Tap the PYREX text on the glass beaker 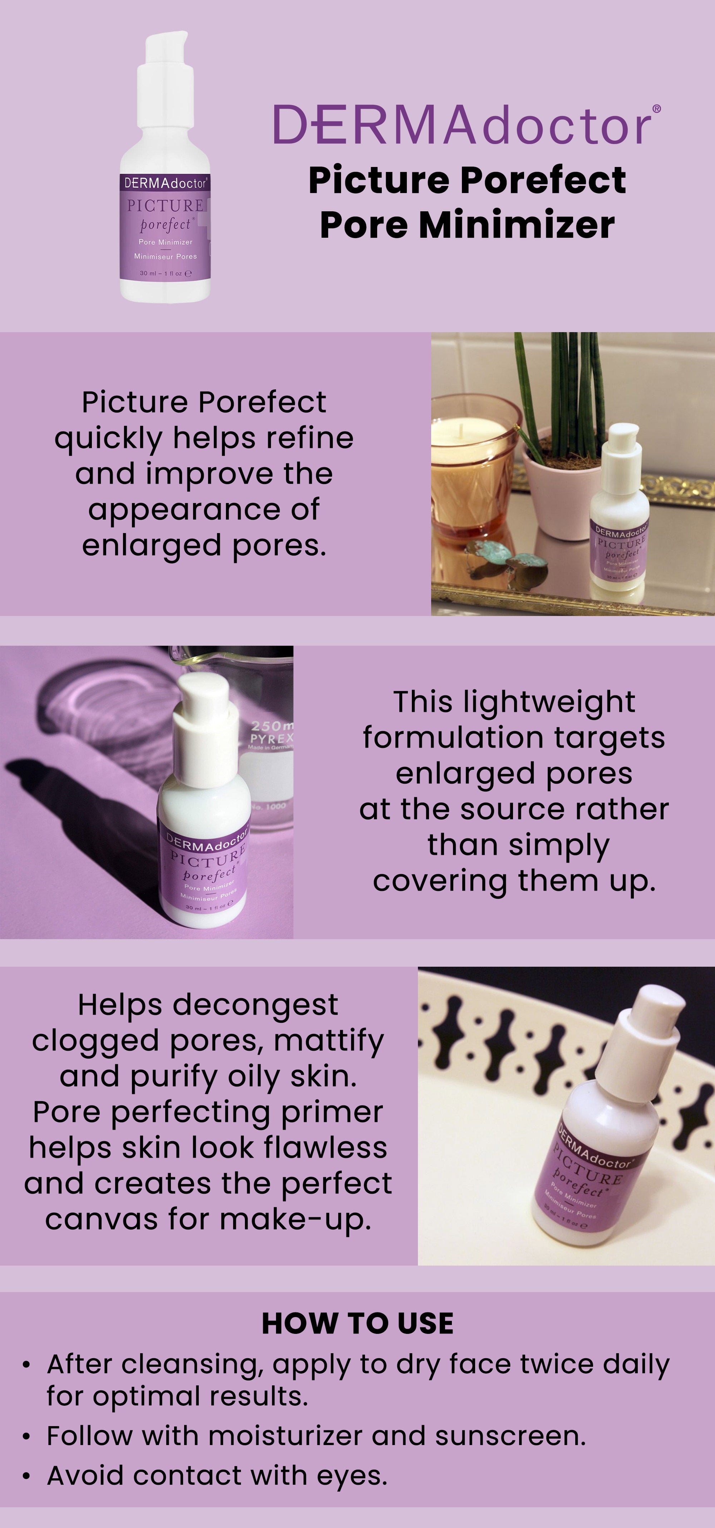(x=272, y=739)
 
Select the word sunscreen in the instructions (x=510, y=1436)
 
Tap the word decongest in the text (x=255, y=1005)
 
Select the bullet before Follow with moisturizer (x=26, y=1437)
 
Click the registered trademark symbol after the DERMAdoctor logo (x=656, y=109)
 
